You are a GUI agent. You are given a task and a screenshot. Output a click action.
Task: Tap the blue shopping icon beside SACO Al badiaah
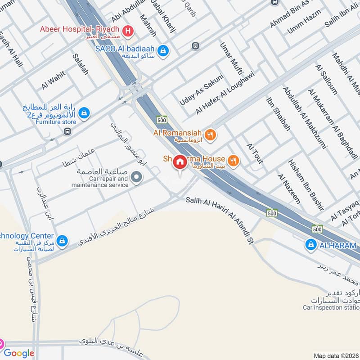point(165,51)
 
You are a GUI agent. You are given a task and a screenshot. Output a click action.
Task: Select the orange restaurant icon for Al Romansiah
point(210,134)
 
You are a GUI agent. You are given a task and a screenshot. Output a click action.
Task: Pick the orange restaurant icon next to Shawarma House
point(233,160)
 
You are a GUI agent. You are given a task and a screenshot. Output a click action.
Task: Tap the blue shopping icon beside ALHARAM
point(310,245)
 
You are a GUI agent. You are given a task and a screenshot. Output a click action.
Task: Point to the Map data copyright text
point(336,355)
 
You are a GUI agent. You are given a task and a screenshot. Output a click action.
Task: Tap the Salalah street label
point(80,63)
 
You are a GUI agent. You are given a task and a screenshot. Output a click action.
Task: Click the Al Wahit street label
point(54,81)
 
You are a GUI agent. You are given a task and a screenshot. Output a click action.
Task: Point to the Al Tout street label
point(255,153)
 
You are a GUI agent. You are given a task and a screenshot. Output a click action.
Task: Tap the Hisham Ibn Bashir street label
point(306,184)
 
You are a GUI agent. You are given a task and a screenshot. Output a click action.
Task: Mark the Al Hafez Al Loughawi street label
point(225,92)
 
